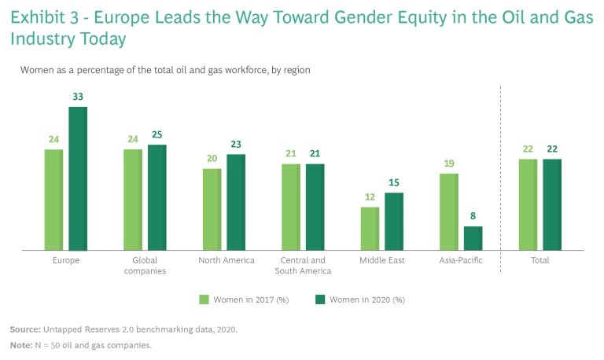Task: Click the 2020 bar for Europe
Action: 78,178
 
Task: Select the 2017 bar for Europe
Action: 53,200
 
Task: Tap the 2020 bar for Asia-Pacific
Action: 473,238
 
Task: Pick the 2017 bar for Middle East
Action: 370,229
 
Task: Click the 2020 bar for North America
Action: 236,202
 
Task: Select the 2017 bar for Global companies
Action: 133,200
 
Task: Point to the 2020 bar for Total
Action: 552,204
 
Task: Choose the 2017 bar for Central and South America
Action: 291,207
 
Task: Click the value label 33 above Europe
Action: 78,97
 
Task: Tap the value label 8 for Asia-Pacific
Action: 473,216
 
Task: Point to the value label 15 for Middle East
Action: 394,183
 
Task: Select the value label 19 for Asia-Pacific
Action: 448,163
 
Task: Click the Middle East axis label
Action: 381,260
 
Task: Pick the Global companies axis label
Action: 145,266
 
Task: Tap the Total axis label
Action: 540,260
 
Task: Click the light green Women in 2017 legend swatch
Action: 204,299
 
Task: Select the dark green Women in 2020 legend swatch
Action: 320,299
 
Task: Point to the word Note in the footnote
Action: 20,345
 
